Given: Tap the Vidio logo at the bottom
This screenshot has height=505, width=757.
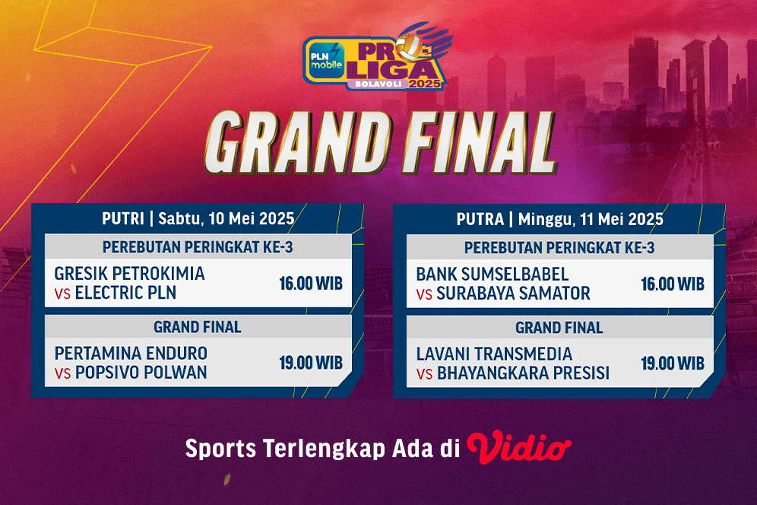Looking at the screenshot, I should coord(519,447).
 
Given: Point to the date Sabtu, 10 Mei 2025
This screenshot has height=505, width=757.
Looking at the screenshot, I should coord(226,219).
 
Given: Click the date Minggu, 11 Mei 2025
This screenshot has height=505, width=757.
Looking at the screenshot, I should coord(591,219).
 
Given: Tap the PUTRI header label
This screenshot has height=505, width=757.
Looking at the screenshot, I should coord(123,219).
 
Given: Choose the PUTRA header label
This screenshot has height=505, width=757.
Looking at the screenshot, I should coord(480,219).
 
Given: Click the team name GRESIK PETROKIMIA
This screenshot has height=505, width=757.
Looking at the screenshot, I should coord(130,273).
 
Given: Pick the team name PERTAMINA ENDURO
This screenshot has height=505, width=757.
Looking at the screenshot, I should coord(131,354).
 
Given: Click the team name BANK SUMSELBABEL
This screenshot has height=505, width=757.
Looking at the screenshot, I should coord(493,273).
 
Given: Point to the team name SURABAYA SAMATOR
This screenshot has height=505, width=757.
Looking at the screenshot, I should coord(513,293).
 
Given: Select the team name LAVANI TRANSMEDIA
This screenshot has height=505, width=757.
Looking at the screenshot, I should coord(494,354).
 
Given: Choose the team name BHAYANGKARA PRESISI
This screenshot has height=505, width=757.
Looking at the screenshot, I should coord(523,373).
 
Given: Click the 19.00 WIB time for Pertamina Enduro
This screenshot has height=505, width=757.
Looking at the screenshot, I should coord(311,363).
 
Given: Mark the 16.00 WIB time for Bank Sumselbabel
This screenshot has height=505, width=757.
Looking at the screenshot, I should coord(673,284).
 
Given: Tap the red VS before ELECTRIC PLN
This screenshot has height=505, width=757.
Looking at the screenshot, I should coord(62,294).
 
